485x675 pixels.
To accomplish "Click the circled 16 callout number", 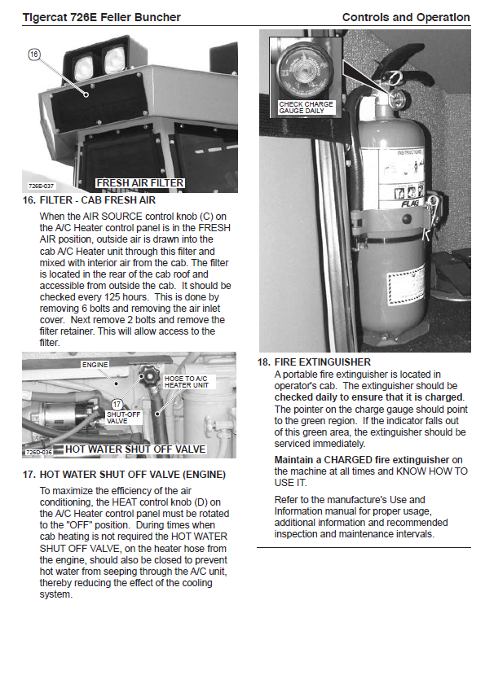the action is (34, 55).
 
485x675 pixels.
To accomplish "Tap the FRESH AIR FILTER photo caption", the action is (140, 183).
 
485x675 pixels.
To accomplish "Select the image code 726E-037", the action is (41, 186).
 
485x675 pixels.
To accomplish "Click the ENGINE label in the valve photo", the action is (95, 365).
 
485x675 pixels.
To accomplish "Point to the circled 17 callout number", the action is (117, 404).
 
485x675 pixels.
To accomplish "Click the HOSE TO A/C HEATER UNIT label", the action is (186, 381).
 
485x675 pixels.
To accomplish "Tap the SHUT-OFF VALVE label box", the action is (124, 417).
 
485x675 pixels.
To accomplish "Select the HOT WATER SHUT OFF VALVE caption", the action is (135, 449).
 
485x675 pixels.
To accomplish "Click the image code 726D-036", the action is (39, 452).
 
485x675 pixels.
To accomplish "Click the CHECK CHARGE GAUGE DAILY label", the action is (306, 107).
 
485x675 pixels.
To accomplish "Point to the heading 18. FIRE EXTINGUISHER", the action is (314, 362).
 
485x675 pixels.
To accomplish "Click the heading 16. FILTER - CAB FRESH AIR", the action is (89, 200).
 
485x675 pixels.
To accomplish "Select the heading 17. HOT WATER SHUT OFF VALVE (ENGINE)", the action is (124, 475).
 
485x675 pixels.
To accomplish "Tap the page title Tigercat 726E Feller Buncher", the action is (101, 17).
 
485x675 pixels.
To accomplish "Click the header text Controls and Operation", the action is (406, 17).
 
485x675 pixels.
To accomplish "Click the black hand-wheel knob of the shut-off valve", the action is (148, 375).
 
